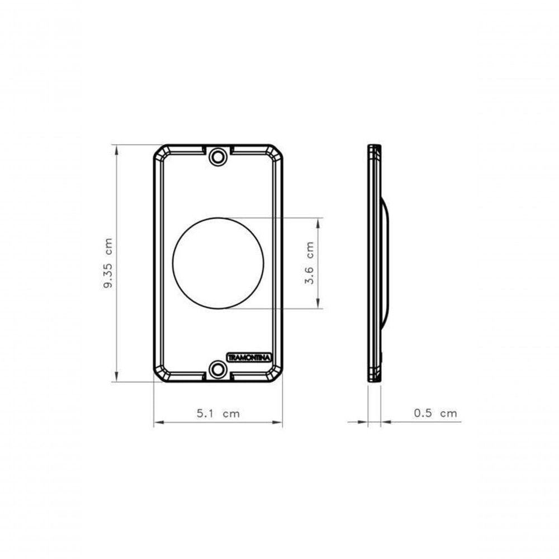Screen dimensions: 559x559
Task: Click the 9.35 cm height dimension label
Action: click(108, 263)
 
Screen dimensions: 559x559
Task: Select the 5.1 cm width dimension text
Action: click(218, 414)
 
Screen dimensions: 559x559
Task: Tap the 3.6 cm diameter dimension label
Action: click(310, 263)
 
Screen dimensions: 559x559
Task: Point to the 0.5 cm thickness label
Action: click(435, 413)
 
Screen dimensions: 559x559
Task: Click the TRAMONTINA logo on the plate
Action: click(249, 357)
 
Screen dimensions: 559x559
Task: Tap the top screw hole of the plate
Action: click(218, 157)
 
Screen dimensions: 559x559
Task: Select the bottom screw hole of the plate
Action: click(218, 369)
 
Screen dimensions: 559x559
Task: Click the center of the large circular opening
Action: click(218, 263)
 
